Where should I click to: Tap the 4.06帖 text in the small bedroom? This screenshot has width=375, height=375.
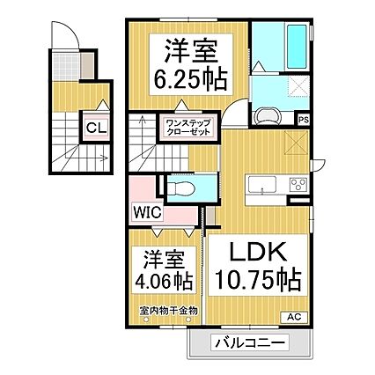coord(165,282)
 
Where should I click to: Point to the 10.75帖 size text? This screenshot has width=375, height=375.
coord(256,281)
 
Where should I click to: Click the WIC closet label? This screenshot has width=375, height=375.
coord(147,211)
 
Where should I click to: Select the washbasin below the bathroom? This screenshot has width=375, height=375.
coord(267,115)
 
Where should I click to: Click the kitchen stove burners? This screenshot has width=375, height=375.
coord(297,185)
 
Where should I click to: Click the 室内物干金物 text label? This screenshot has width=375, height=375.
coord(168,311)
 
